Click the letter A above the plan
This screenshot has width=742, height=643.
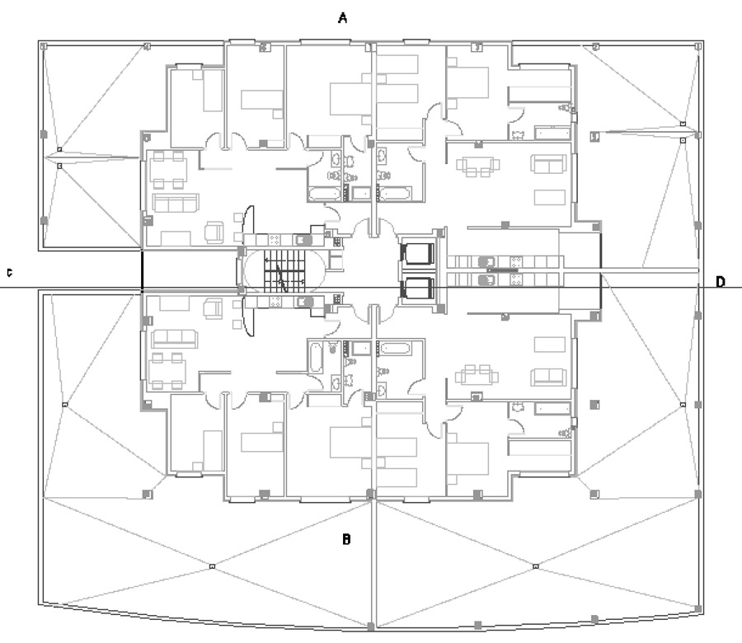coord(344,17)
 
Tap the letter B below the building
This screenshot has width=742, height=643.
coord(347,540)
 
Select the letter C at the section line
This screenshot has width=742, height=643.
coord(9,273)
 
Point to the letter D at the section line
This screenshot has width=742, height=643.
coord(720,282)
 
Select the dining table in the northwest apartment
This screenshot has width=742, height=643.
coord(168,171)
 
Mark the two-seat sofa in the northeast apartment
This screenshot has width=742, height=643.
coord(548,163)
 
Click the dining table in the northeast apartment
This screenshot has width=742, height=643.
coord(477,166)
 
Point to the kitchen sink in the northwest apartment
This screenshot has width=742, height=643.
coord(303,240)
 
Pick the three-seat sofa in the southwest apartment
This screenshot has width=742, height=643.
coord(171,336)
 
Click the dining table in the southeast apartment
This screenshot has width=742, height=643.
coord(477,375)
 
